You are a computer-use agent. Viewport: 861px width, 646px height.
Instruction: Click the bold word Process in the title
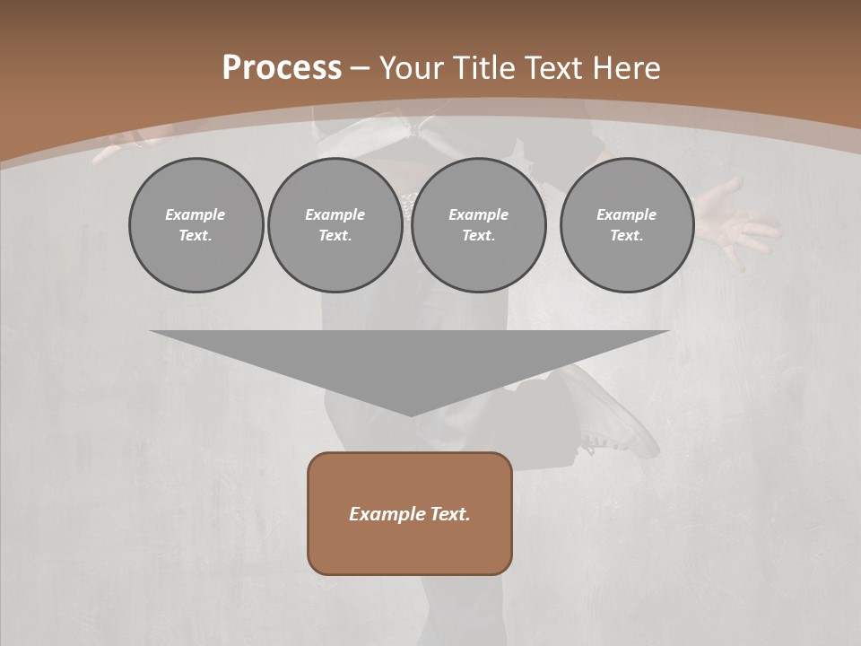click(282, 68)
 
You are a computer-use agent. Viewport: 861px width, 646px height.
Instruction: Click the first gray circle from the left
click(196, 225)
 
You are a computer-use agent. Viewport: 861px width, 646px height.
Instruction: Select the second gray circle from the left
click(335, 225)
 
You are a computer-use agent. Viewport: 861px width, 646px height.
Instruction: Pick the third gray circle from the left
click(478, 225)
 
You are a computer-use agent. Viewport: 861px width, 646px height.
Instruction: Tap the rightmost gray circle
click(626, 225)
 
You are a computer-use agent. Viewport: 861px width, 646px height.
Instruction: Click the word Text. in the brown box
click(448, 514)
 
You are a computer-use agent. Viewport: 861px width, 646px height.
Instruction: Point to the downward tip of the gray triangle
click(410, 415)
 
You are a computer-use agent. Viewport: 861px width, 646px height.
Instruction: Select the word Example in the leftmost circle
click(196, 214)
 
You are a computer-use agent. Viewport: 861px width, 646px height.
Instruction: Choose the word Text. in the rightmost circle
click(626, 236)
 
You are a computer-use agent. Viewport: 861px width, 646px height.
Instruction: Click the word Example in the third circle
click(478, 214)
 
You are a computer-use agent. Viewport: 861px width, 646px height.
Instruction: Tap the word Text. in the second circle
click(335, 236)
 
